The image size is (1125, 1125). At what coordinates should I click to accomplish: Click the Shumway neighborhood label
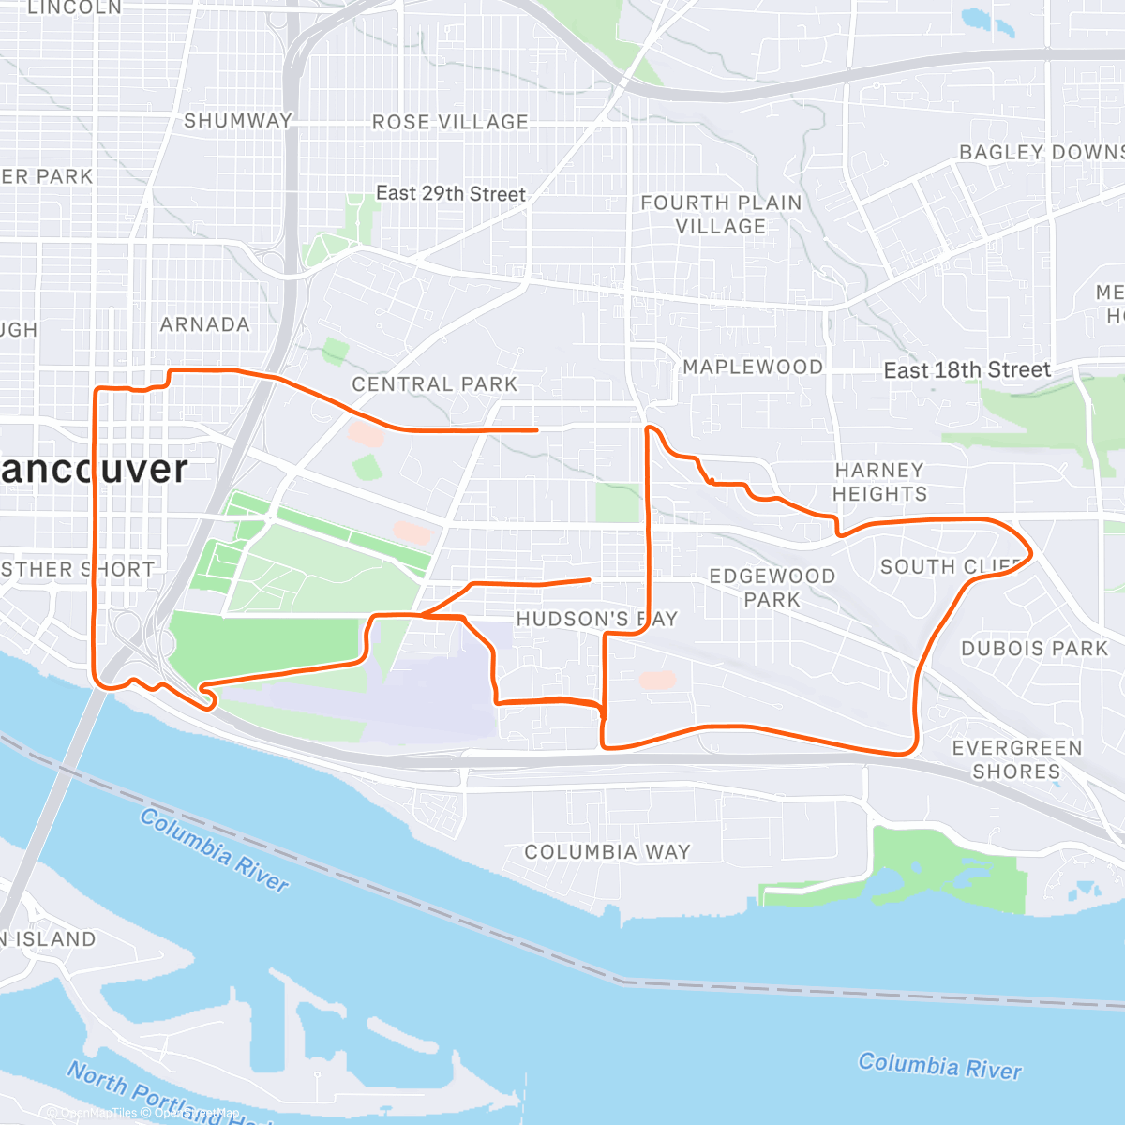click(x=238, y=121)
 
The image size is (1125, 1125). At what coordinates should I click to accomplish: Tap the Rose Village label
click(x=450, y=122)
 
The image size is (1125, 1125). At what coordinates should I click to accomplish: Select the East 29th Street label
click(x=450, y=194)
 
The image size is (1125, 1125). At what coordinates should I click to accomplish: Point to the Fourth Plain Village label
click(x=721, y=215)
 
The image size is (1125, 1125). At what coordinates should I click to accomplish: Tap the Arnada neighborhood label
click(x=204, y=324)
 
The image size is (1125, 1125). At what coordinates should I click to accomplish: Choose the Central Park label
click(x=434, y=384)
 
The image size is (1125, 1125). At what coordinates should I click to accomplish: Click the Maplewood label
click(x=753, y=367)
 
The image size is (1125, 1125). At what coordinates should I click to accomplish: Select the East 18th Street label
click(x=967, y=370)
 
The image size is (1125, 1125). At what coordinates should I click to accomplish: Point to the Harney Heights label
click(x=879, y=482)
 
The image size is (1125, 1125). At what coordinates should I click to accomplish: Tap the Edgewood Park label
click(x=772, y=588)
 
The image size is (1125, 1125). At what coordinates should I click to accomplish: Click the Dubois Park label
click(x=1034, y=649)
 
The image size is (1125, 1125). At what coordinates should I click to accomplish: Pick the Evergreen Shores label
click(x=1017, y=760)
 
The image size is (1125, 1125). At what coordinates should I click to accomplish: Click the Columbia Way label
click(x=607, y=852)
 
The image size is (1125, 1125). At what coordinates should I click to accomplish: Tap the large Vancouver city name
click(x=94, y=469)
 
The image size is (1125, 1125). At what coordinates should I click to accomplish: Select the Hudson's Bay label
click(x=596, y=619)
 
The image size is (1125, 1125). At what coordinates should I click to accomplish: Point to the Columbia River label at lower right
click(x=939, y=1066)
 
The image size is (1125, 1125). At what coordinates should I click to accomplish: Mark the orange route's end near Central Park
click(x=536, y=430)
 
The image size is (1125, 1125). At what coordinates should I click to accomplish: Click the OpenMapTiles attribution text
click(x=98, y=1113)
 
